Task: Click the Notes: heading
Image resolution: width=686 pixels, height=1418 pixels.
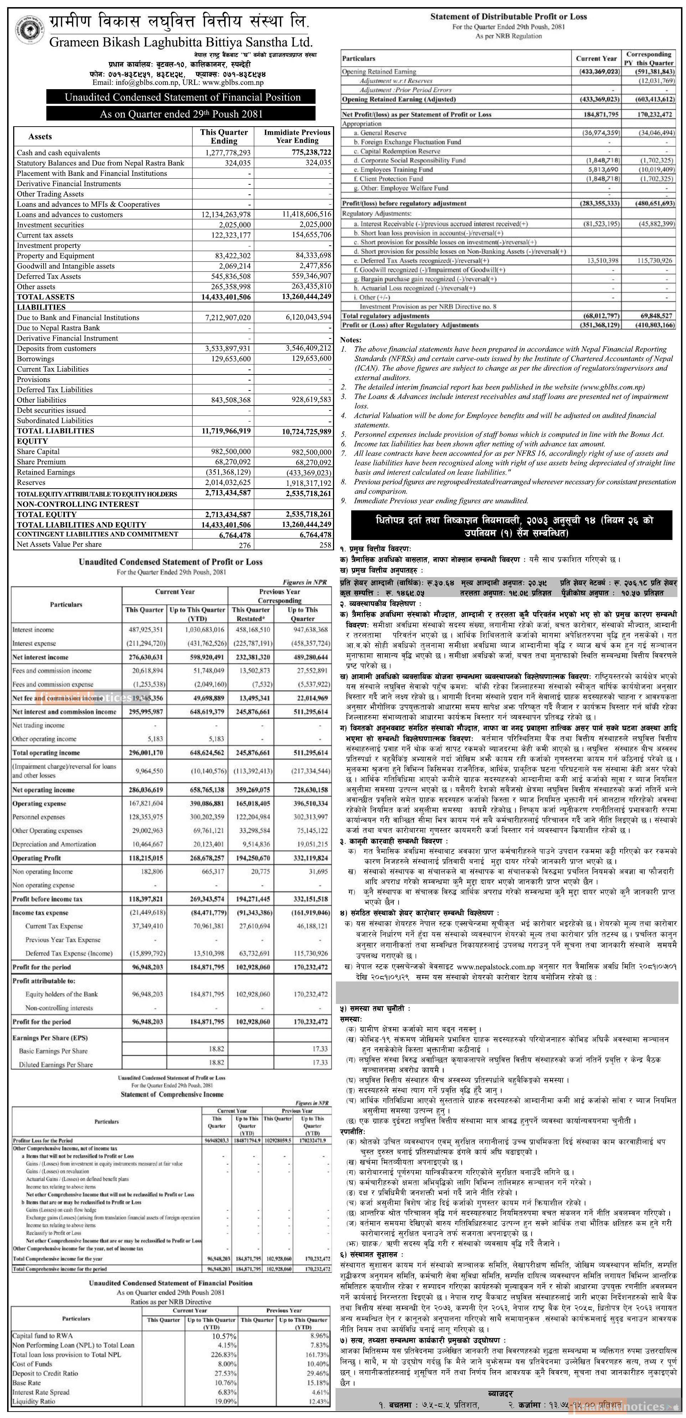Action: click(x=351, y=340)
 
